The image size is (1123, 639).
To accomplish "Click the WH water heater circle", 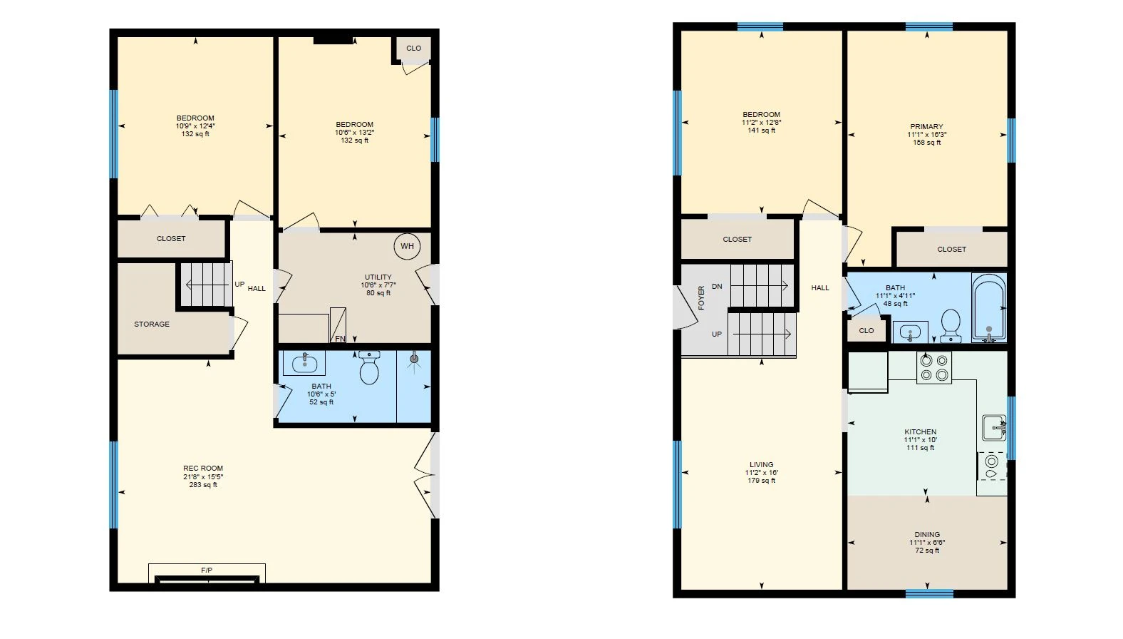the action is (x=407, y=246).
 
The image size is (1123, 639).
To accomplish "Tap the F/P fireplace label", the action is (x=207, y=570).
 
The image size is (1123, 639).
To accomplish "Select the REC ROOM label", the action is (x=203, y=469).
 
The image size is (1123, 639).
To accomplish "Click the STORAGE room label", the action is (x=151, y=324).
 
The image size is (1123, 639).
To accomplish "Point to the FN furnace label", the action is (x=340, y=339).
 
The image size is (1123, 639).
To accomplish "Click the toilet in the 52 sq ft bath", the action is (x=370, y=368).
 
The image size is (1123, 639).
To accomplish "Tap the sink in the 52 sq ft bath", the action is (x=304, y=363).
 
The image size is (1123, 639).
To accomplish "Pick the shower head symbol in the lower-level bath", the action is (x=414, y=359).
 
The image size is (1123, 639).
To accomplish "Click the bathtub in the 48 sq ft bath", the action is (x=989, y=307).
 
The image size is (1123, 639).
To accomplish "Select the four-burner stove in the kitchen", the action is (x=934, y=368).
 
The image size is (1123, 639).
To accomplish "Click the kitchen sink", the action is (x=993, y=428).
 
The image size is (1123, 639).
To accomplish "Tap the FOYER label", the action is (x=701, y=297).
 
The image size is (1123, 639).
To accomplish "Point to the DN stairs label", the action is (x=717, y=287).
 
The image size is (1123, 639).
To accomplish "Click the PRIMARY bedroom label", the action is (x=926, y=126).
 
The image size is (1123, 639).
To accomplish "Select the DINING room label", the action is (x=927, y=534).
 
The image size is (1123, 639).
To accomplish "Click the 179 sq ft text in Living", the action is (x=762, y=481).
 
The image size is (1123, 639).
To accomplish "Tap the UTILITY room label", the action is (x=378, y=277).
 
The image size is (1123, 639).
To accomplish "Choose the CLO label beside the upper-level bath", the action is (x=866, y=330).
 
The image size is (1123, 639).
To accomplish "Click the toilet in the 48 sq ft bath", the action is (x=951, y=325).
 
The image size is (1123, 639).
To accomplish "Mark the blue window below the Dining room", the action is (x=929, y=594).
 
